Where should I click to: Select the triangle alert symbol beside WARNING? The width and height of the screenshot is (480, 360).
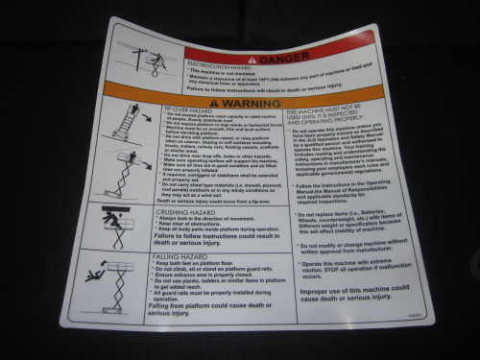tap(223, 102)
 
